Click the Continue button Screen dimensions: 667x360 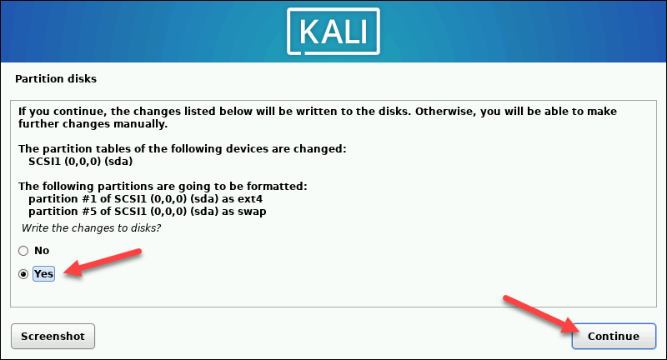tap(614, 336)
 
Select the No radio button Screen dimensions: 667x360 tap(23, 251)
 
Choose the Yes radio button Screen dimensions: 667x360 tap(23, 274)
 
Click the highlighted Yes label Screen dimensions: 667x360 tap(44, 273)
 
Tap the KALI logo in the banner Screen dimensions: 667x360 tap(333, 32)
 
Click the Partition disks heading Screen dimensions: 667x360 tap(56, 78)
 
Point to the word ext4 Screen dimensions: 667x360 tap(250, 199)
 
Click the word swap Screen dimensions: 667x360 tap(252, 212)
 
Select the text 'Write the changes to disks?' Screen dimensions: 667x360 tap(91, 228)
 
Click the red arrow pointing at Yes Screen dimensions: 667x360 tap(103, 262)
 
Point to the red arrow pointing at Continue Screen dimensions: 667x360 tap(541, 313)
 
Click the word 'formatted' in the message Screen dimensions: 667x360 tap(277, 186)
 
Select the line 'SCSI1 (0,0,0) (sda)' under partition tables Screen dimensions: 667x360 tap(80, 162)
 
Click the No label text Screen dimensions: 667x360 tap(42, 251)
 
